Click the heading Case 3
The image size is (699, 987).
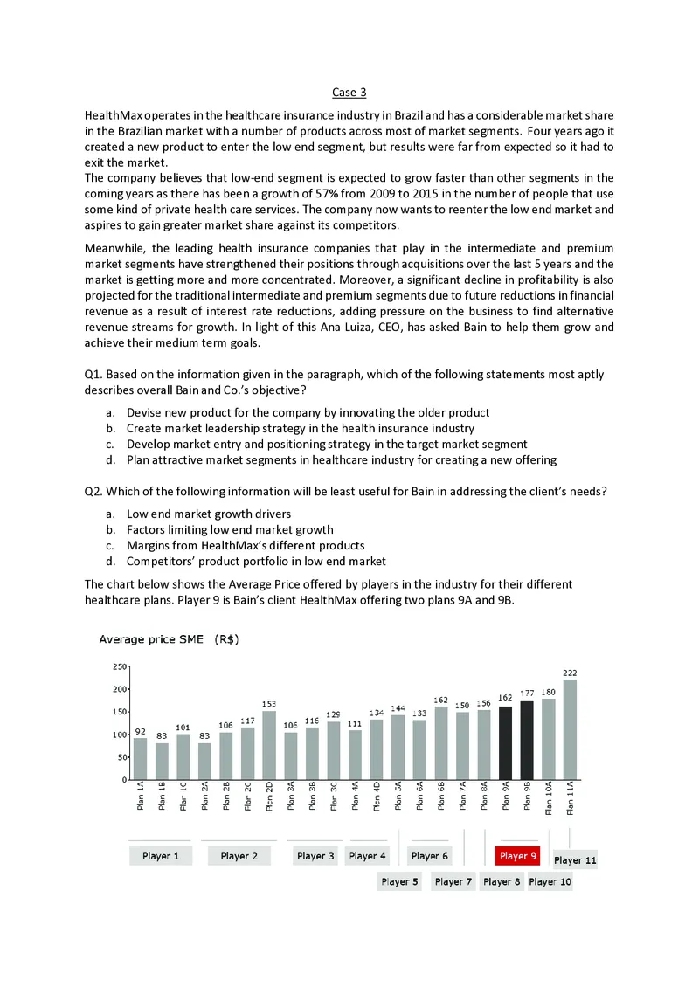[x=349, y=93]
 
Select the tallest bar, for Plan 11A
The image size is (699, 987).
[x=570, y=729]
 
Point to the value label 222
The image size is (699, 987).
[x=570, y=673]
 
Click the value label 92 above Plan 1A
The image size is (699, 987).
[x=140, y=731]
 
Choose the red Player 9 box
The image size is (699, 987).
[x=518, y=856]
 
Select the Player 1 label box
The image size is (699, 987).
[x=160, y=856]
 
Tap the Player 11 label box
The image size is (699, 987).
[x=575, y=860]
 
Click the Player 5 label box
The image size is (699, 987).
[x=400, y=881]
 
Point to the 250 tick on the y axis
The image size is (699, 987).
[x=119, y=666]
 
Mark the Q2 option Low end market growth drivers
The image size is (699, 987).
[x=209, y=514]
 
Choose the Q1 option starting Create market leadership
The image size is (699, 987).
[x=301, y=428]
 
